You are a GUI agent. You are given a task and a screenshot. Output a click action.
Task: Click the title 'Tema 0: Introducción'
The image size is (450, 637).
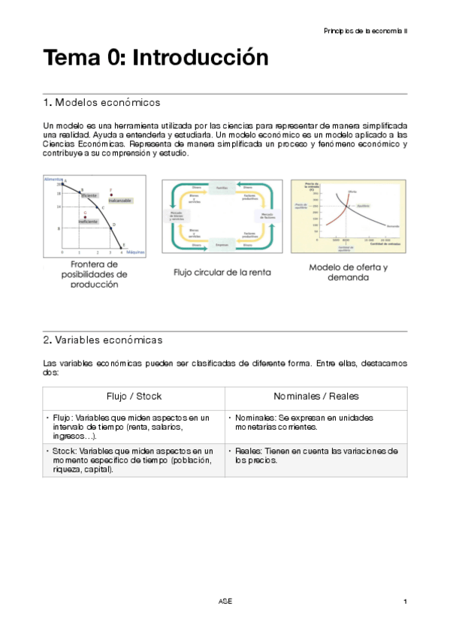click(x=156, y=58)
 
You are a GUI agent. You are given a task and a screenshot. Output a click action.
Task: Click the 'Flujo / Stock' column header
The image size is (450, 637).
click(x=133, y=397)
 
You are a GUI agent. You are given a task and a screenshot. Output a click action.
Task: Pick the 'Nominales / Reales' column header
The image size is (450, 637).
click(x=316, y=397)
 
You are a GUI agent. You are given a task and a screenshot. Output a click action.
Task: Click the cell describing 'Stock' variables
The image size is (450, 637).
click(x=133, y=459)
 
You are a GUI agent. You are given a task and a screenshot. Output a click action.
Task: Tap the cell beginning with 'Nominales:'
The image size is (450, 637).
click(x=316, y=422)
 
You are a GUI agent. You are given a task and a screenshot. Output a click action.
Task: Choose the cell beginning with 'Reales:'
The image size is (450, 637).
click(x=316, y=455)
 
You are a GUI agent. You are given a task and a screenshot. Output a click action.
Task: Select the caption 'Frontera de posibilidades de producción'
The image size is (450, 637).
click(x=94, y=274)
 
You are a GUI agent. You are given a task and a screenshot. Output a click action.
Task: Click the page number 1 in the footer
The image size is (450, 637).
click(x=405, y=602)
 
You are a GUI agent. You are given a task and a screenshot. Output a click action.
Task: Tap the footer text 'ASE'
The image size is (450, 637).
click(x=225, y=602)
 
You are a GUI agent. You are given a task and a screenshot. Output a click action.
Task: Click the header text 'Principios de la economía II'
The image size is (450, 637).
click(x=366, y=31)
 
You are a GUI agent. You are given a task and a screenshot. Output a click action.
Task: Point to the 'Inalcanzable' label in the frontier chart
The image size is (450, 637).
click(x=119, y=201)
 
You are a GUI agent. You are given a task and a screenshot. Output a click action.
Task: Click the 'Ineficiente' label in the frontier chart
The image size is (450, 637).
click(x=88, y=222)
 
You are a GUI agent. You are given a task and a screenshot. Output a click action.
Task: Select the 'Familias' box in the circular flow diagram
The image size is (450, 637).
click(x=222, y=187)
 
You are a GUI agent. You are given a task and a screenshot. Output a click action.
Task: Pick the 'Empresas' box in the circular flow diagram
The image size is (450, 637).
click(x=222, y=244)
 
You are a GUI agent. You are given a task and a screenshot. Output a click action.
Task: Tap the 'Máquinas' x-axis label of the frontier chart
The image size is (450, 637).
click(x=135, y=252)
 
